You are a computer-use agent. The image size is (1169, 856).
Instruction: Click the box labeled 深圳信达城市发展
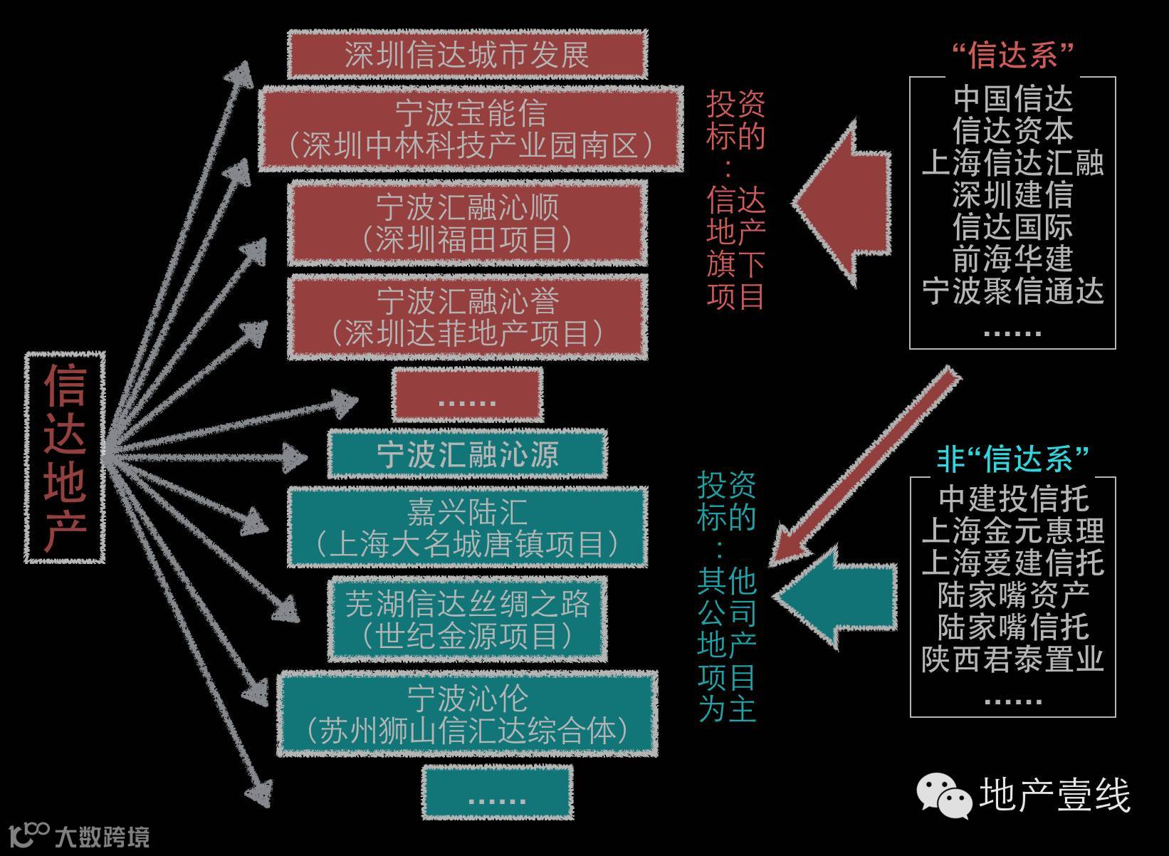468,55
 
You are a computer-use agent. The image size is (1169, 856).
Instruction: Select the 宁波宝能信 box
471,129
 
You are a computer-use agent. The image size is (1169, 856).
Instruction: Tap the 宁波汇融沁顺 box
468,223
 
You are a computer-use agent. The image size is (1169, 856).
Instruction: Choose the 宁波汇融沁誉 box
468,318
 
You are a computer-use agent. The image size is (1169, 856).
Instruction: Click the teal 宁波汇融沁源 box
468,454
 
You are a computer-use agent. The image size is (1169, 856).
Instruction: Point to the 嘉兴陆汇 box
468,528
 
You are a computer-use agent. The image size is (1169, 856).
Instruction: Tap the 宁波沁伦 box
468,714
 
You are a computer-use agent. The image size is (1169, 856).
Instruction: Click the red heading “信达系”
1012,55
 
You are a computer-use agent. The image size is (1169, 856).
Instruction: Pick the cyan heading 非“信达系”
1012,459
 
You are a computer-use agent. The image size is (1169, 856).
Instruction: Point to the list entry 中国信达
1012,98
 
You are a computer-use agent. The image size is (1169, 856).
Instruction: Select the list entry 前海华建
1012,259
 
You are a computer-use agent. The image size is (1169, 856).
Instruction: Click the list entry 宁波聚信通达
1012,291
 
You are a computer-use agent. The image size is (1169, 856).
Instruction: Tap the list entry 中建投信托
1012,499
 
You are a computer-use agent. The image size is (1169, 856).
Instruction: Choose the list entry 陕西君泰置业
1012,659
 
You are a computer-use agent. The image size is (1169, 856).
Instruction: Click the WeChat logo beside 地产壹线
944,795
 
